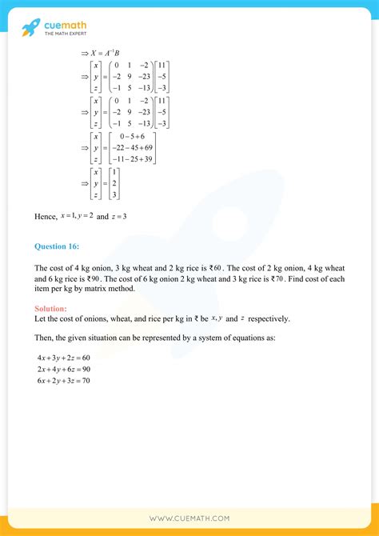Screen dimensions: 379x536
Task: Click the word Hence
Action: click(46, 216)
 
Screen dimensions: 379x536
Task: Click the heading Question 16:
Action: click(58, 247)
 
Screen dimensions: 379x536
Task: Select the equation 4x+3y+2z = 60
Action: click(64, 357)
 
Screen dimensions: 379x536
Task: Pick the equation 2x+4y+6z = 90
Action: click(64, 369)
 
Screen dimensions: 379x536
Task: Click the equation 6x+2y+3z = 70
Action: click(64, 380)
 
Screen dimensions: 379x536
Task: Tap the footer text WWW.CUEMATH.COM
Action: click(189, 518)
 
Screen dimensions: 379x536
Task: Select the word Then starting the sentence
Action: click(44, 338)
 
